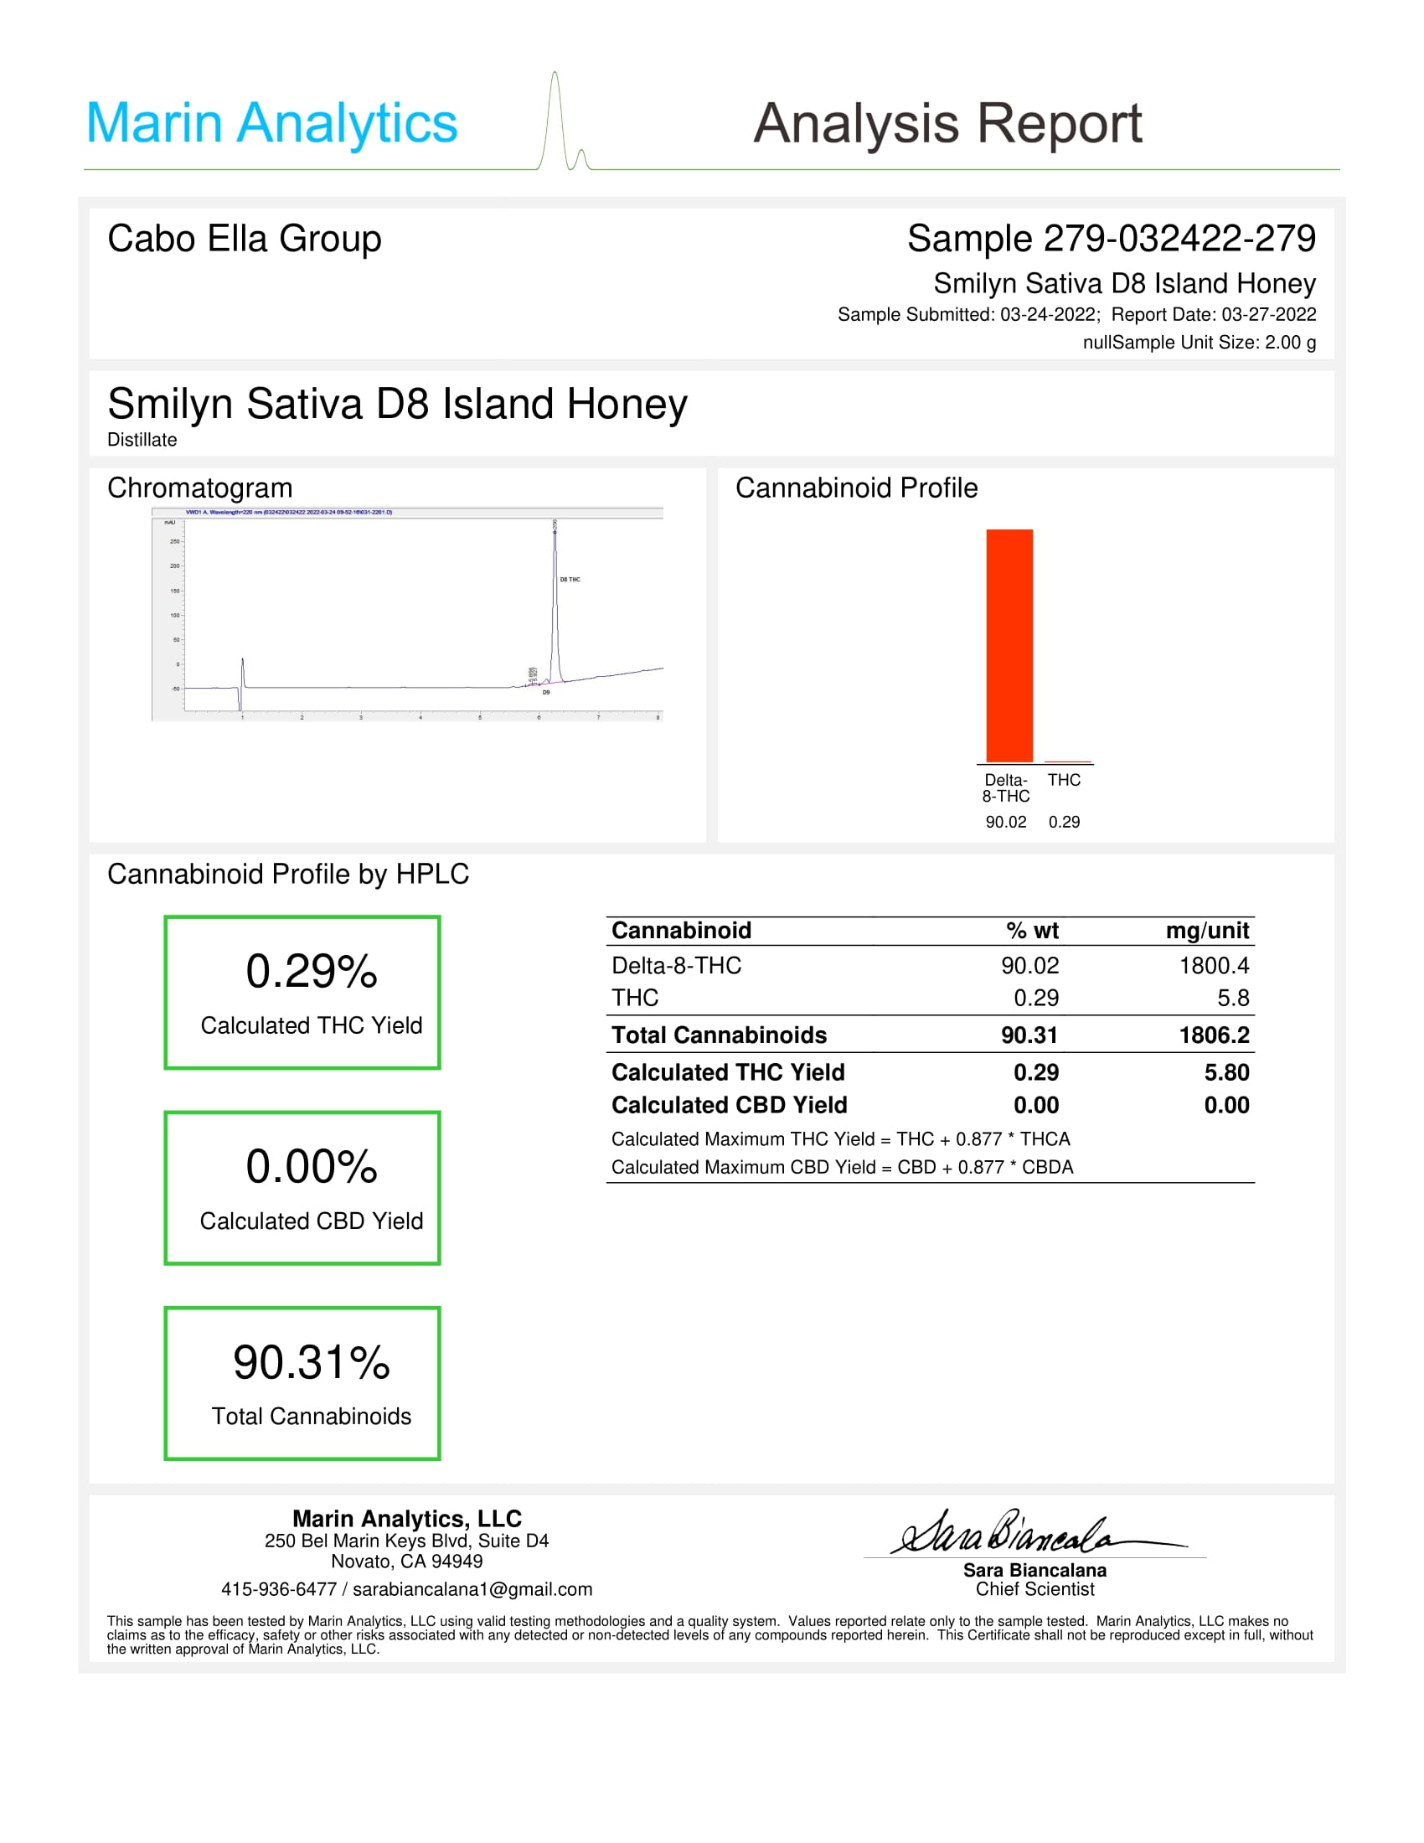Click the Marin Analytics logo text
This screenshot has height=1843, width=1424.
271,123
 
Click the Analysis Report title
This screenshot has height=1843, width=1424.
947,123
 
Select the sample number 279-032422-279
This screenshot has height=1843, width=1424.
1179,239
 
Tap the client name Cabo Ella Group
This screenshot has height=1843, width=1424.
245,239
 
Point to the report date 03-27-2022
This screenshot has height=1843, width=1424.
1268,315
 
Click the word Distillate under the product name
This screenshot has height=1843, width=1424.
142,440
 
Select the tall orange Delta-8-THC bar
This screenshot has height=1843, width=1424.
1009,646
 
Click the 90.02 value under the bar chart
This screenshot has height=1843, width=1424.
1005,822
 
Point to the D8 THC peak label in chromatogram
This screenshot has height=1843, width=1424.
570,580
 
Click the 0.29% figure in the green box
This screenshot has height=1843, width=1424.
312,971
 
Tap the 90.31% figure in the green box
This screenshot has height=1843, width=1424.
312,1363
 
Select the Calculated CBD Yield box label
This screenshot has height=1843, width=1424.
312,1221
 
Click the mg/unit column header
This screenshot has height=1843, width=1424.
1206,931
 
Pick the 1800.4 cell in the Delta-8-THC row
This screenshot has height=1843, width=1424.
1214,965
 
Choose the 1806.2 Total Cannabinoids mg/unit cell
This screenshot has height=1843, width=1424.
1214,1035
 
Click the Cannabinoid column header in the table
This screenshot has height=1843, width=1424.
681,931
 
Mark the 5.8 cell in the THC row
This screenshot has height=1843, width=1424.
1232,999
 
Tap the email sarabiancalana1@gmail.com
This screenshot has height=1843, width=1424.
472,1590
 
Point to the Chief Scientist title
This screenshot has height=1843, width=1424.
1034,1590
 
